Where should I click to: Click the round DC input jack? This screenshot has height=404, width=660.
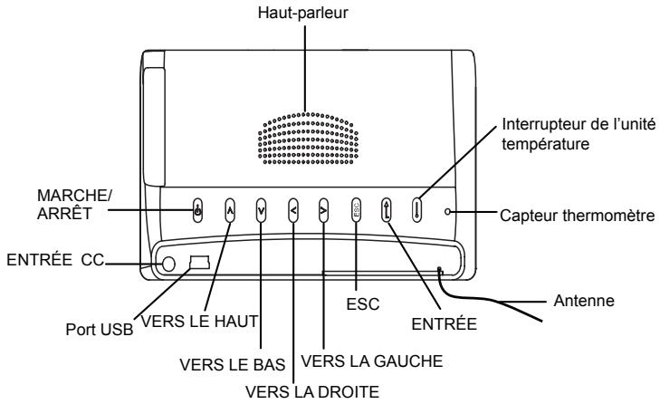167,264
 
